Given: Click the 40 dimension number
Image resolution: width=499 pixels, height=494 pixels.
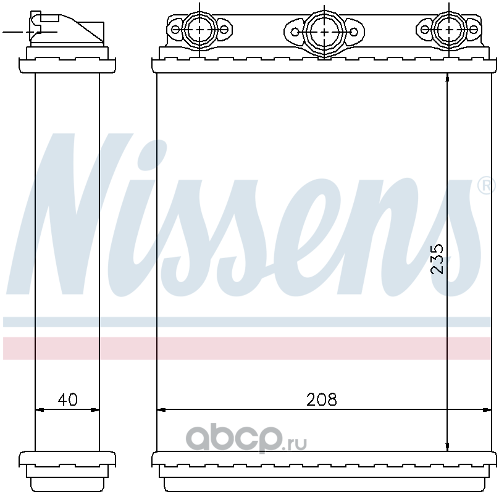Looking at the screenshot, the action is click(x=67, y=400).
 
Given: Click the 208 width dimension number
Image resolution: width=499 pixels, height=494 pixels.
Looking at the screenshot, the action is click(x=321, y=400).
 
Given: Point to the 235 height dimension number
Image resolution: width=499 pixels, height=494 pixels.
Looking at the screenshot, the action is click(x=437, y=259).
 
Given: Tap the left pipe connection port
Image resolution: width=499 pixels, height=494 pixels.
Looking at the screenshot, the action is click(x=199, y=30).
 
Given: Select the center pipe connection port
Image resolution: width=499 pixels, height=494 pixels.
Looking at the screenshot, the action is click(x=324, y=32).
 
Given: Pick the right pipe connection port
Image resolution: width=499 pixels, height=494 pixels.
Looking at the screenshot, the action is click(x=449, y=30).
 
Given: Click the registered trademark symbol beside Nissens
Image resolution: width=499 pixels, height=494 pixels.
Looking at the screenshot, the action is click(x=486, y=185).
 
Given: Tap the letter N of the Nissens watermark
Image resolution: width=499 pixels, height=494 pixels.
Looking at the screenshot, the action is click(x=70, y=214).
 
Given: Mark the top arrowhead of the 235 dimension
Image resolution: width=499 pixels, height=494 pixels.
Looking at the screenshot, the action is click(x=447, y=78).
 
